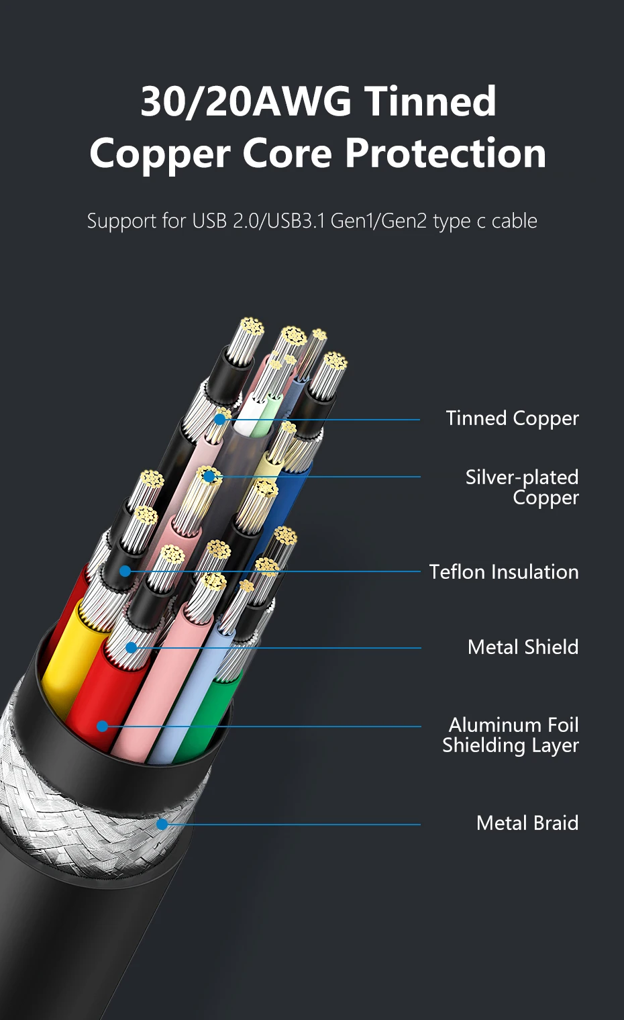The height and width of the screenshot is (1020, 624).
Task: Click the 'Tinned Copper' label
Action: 512,418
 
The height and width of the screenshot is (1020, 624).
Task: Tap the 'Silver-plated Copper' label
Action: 521,487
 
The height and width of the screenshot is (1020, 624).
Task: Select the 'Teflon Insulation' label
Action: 503,572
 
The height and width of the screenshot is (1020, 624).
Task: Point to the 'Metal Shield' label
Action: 523,647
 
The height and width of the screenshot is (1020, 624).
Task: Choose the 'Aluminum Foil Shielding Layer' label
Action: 511,735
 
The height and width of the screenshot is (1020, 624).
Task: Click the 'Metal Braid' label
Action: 527,823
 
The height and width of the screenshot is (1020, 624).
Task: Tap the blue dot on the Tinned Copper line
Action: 220,420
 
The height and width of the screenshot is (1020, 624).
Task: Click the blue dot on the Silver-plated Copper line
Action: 209,477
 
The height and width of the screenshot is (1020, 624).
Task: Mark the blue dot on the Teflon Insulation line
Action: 125,571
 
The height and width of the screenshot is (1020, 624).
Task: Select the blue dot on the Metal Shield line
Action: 132,647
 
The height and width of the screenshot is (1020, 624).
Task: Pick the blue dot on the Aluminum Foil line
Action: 102,726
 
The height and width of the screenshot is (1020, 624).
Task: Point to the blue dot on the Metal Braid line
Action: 162,824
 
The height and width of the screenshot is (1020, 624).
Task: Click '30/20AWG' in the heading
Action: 246,102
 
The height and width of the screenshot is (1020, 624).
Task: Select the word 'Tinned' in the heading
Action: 430,102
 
